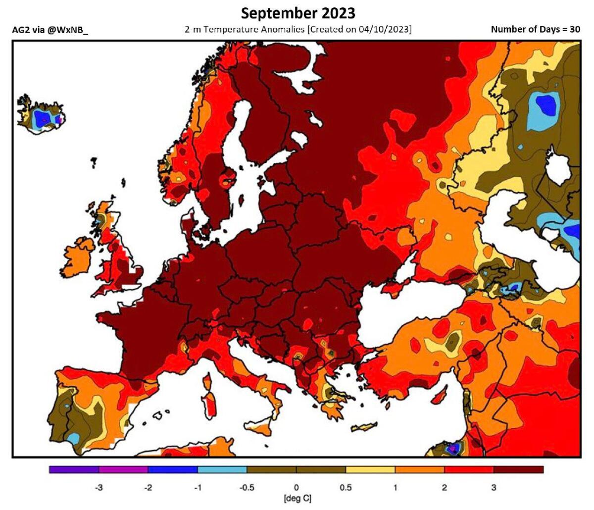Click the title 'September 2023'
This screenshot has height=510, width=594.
tap(297, 12)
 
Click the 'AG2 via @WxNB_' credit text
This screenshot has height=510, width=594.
tap(49, 30)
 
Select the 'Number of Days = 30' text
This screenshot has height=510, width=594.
tap(535, 29)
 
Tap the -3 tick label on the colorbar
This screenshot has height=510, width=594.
tap(99, 488)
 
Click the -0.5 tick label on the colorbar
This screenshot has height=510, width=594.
tap(247, 488)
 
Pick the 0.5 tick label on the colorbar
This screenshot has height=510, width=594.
tap(346, 488)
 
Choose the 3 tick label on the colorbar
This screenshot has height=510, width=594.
tap(494, 488)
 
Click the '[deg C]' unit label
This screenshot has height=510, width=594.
tap(297, 498)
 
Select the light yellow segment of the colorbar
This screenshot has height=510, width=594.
tap(370, 469)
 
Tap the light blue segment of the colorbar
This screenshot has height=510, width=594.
tap(222, 469)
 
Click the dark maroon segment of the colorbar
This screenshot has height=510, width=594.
tap(518, 469)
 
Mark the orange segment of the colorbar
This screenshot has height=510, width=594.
tap(420, 469)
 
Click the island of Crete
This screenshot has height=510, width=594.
tap(365, 427)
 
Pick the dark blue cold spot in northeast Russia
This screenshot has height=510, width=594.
tap(544, 104)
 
